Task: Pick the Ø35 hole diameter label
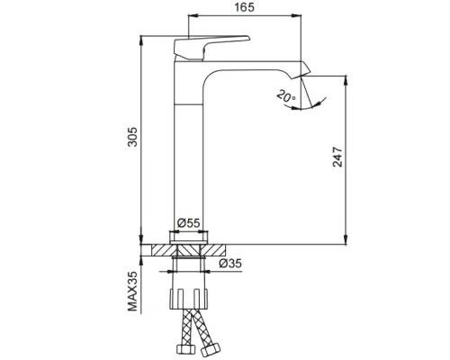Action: pyautogui.click(x=230, y=264)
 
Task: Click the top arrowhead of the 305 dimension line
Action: pyautogui.click(x=141, y=39)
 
